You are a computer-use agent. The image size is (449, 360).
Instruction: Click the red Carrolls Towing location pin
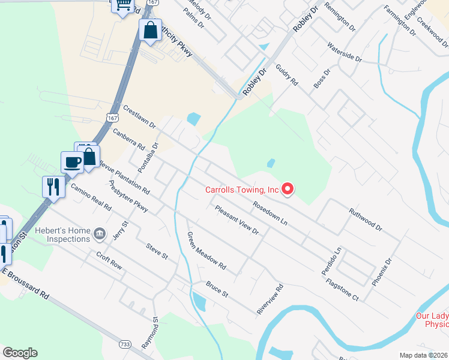[x=288, y=189]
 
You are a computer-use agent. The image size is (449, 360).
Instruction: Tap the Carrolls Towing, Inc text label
[x=243, y=190]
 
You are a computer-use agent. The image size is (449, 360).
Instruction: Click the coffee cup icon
[x=73, y=161]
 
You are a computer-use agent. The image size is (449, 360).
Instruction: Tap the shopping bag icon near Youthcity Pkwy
[x=150, y=29]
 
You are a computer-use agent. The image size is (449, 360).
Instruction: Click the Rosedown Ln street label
[x=271, y=214]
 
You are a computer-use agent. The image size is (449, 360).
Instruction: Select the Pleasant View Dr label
[x=237, y=219]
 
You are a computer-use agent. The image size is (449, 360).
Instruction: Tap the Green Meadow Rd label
[x=206, y=250]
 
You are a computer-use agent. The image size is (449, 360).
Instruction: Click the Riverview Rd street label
[x=270, y=299]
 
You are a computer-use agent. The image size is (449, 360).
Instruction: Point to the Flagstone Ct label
[x=342, y=287]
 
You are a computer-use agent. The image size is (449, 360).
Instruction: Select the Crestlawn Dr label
[x=139, y=118]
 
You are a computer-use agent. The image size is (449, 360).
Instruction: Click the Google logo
[x=20, y=353]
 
